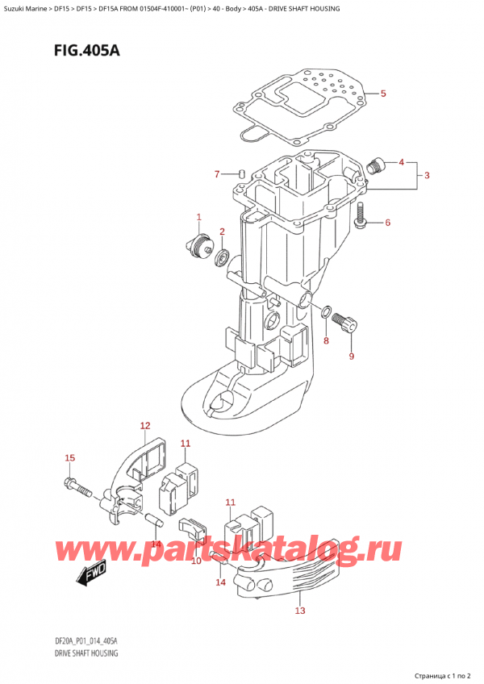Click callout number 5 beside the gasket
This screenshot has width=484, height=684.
point(383,94)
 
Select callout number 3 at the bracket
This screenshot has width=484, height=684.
point(427,176)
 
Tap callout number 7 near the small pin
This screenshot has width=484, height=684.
point(216,174)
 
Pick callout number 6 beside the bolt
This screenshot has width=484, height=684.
point(387,223)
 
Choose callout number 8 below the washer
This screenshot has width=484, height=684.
point(326,341)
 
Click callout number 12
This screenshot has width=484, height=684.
point(145,425)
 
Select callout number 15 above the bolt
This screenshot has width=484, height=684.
point(69,458)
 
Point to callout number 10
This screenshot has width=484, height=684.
point(196,559)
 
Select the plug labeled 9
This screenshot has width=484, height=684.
point(346,323)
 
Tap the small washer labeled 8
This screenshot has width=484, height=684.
point(325,312)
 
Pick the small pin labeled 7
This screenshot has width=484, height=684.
point(241,172)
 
